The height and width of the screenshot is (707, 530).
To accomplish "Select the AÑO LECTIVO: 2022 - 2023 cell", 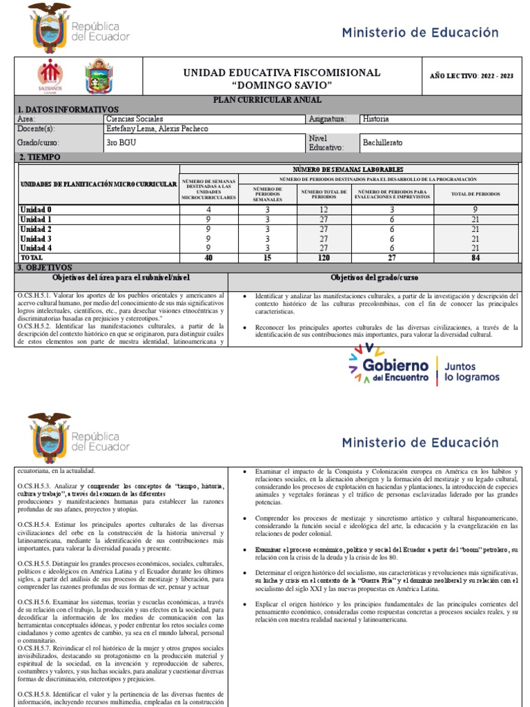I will click(x=476, y=77).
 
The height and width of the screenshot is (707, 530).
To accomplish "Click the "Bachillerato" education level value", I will click(x=382, y=143).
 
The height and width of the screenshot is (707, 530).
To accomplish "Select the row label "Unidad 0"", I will click(x=36, y=209).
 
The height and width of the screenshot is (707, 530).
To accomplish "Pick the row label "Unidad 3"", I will click(x=36, y=238).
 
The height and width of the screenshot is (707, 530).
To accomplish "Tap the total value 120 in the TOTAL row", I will click(x=324, y=258).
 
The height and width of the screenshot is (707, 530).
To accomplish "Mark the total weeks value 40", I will click(x=208, y=258).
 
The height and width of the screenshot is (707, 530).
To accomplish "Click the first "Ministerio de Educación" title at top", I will click(x=420, y=32).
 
